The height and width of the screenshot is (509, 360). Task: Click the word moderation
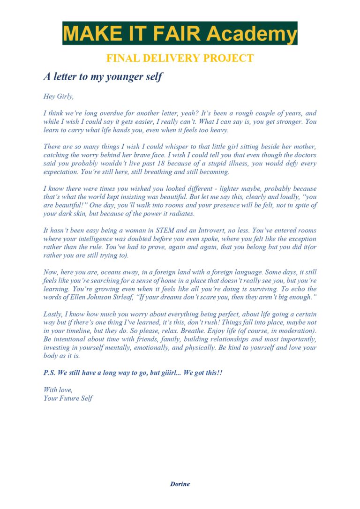coord(296,331)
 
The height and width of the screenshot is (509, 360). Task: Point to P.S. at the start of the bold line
coord(50,373)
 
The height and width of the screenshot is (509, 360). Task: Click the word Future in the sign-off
coord(72,398)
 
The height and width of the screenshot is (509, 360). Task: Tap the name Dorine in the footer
coord(180,484)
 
